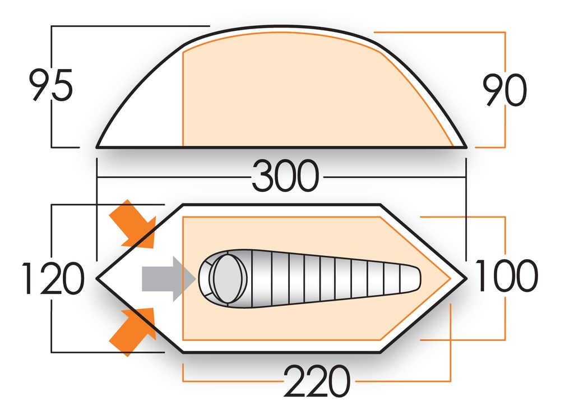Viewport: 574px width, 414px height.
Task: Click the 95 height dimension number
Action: [x=51, y=86]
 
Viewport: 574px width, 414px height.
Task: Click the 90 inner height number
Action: [x=505, y=90]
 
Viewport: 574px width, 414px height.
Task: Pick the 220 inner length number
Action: [x=317, y=381]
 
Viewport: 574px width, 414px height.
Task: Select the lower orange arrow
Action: [x=132, y=331]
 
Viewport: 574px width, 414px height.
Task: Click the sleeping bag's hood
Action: [x=227, y=276]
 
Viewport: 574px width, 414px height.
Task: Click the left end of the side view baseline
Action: [x=98, y=148]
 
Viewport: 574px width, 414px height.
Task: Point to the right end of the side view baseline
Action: [x=466, y=148]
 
